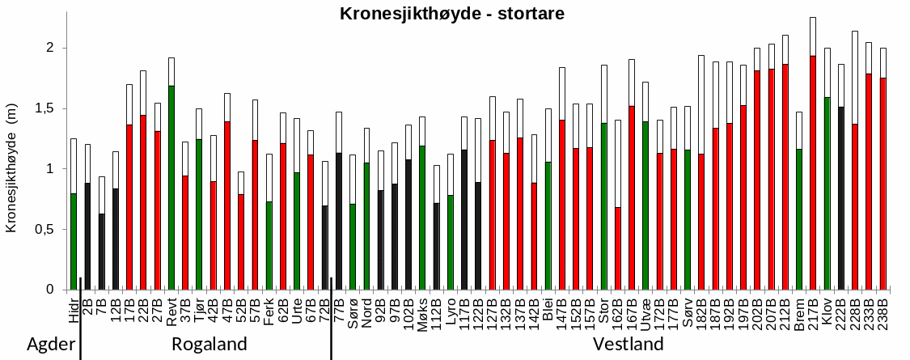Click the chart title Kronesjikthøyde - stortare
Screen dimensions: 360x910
[452, 14]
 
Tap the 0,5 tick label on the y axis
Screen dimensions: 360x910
[47, 230]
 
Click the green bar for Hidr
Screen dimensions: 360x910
[74, 241]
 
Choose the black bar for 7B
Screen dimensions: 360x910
[101, 252]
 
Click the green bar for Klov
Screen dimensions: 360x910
[827, 193]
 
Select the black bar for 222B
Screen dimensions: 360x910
[841, 198]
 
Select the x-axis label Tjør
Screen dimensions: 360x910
[199, 311]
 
